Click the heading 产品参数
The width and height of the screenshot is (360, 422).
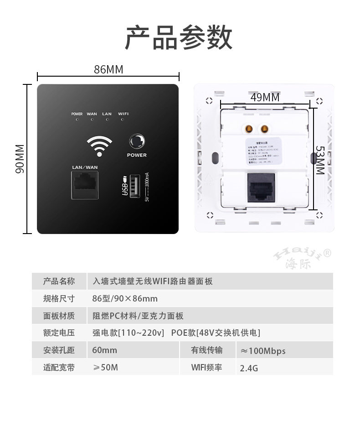pos(179,38)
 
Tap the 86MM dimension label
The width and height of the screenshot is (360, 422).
pos(108,69)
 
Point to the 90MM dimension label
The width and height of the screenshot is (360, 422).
pos(20,159)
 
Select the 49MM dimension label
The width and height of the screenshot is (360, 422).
pos(265,97)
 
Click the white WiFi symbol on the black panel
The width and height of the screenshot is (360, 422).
pos(99,145)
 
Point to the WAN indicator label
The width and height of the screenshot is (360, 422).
pos(92,114)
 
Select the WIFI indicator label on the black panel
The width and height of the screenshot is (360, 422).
pos(123,114)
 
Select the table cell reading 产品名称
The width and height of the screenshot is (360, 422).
pos(59,281)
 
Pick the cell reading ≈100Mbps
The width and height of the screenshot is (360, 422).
pos(263,351)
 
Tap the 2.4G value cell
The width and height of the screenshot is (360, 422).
pos(249,368)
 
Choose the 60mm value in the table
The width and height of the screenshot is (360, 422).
pos(104,350)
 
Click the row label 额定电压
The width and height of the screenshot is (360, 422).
pos(59,333)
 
